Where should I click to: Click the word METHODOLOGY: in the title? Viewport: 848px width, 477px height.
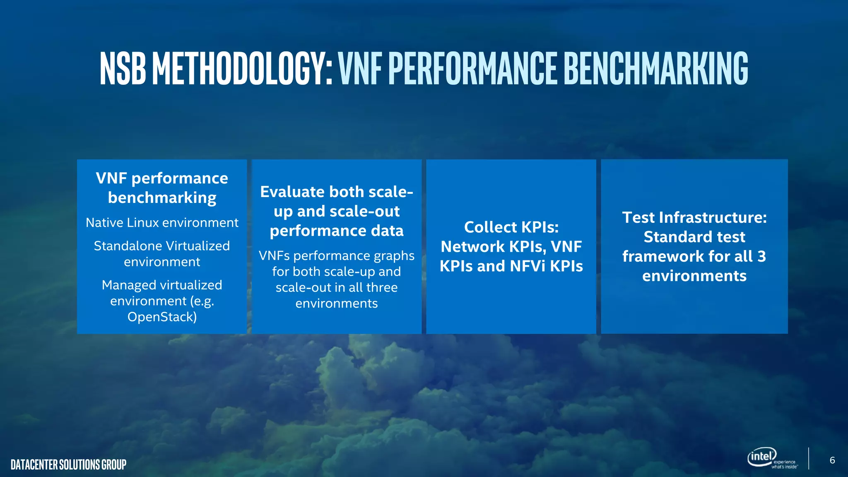[242, 68]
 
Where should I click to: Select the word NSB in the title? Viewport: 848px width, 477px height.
[123, 68]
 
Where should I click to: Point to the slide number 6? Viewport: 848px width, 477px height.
[832, 460]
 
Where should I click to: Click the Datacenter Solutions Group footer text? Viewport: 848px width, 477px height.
[69, 465]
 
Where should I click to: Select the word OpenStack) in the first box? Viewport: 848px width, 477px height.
[162, 317]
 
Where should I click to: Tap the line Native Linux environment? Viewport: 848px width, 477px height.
[162, 223]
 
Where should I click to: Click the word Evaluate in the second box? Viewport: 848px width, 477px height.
[292, 192]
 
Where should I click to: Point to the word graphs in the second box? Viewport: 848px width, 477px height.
[394, 256]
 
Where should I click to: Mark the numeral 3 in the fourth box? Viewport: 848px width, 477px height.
[761, 256]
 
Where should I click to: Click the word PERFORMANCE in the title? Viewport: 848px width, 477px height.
[473, 68]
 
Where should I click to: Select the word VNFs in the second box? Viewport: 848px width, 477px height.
[274, 255]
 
